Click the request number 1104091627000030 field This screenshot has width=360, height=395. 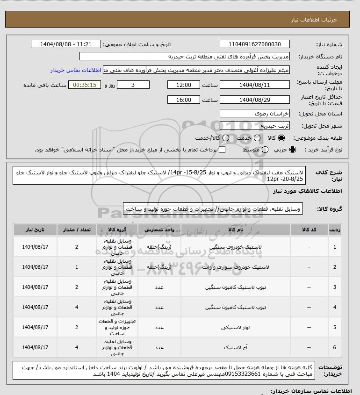[254, 44]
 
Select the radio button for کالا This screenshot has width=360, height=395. [281, 138]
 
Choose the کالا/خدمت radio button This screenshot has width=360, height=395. [226, 138]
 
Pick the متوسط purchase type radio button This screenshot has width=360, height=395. [266, 150]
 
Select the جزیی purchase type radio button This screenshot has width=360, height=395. [293, 150]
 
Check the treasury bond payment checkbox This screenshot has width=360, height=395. [222, 150]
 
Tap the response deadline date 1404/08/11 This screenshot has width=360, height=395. [254, 85]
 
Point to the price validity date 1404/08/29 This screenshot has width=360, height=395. [254, 100]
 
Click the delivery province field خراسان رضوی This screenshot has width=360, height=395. [254, 114]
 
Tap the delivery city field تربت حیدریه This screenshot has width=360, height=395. [254, 126]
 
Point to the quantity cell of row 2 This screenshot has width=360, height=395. [77, 267]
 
